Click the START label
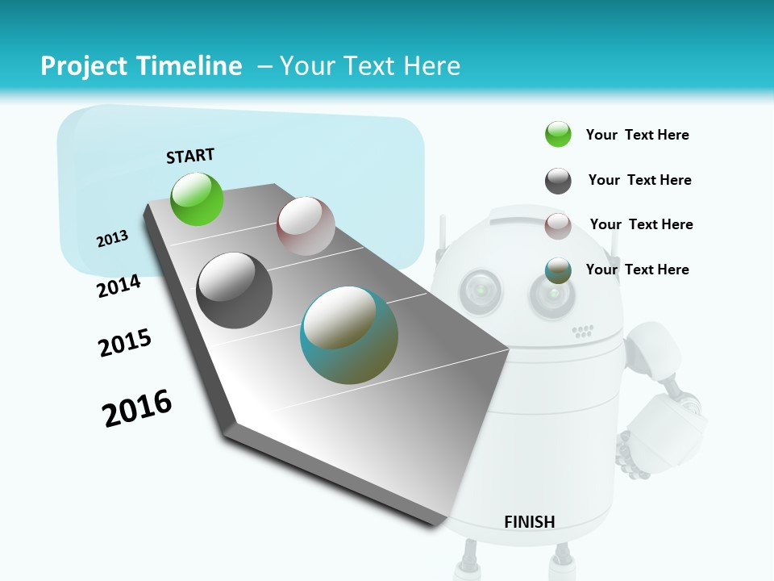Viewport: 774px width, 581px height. pyautogui.click(x=190, y=156)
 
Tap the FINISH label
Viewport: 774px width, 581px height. pyautogui.click(x=530, y=522)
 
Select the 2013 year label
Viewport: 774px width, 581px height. pyautogui.click(x=112, y=239)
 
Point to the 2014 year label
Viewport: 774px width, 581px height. pyautogui.click(x=119, y=286)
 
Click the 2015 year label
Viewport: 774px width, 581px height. pyautogui.click(x=125, y=343)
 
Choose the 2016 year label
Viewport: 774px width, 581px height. pyautogui.click(x=137, y=408)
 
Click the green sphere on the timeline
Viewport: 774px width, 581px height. pyautogui.click(x=197, y=199)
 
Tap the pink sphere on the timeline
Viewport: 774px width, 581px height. pyautogui.click(x=306, y=226)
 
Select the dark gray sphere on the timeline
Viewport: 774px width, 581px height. pyautogui.click(x=234, y=290)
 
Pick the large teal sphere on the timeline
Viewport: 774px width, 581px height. pyautogui.click(x=349, y=335)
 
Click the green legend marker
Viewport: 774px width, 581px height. pyautogui.click(x=558, y=135)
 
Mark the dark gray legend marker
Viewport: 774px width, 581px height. pyautogui.click(x=558, y=181)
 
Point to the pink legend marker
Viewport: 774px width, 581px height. pyautogui.click(x=558, y=226)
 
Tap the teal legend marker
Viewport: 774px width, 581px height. pyautogui.click(x=558, y=270)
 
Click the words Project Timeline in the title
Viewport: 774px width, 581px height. pyautogui.click(x=141, y=66)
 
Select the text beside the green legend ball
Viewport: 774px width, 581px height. pyautogui.click(x=637, y=135)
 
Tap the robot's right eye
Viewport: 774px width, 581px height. pyautogui.click(x=552, y=294)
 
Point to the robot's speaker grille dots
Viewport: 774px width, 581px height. pyautogui.click(x=582, y=331)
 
